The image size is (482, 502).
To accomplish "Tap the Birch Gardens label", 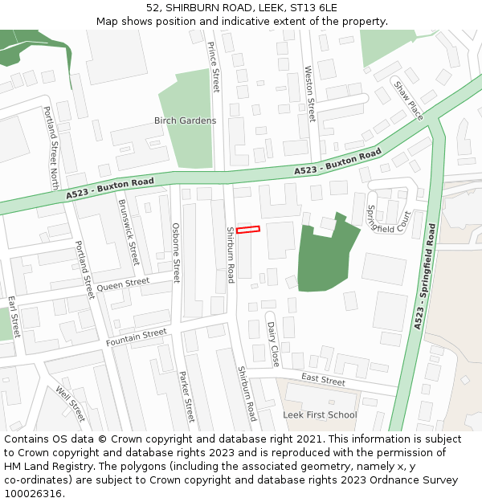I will [x=185, y=120].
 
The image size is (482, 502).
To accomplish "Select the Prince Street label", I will [x=214, y=67].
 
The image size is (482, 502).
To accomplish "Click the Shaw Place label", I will [x=408, y=99].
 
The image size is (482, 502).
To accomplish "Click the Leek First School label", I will [x=320, y=415].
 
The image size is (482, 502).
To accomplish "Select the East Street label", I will [x=323, y=379].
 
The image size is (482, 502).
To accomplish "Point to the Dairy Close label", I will [x=272, y=343].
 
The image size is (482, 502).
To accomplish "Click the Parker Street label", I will [x=186, y=397].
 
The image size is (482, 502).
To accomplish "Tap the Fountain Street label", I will [x=136, y=337].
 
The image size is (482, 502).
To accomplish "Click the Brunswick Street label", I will [x=129, y=232].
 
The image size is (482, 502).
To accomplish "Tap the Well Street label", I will [x=70, y=404].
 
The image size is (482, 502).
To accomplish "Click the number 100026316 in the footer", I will [x=33, y=494].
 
